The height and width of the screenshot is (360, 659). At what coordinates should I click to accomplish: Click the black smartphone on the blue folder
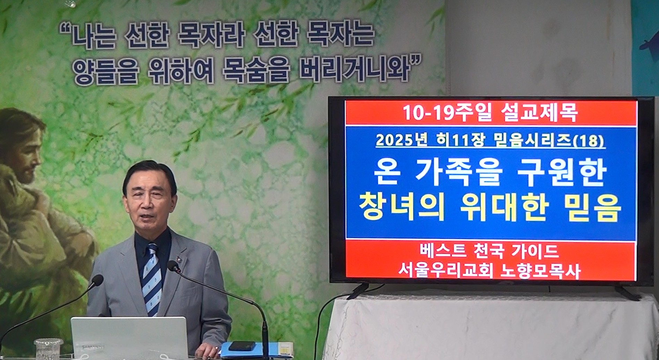point(242,345)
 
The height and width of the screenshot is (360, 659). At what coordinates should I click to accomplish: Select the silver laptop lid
point(129,338)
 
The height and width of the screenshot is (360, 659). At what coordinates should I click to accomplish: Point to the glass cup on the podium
point(48,349)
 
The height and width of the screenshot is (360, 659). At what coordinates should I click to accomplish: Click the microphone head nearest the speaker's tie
point(173,266)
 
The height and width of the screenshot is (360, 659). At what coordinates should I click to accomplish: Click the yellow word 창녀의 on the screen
point(402,207)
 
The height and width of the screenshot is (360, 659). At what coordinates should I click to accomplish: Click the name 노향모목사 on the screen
point(540,271)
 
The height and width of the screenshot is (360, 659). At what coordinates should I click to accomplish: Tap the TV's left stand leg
point(358,291)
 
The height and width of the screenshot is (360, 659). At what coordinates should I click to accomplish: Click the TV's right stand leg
point(627,293)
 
